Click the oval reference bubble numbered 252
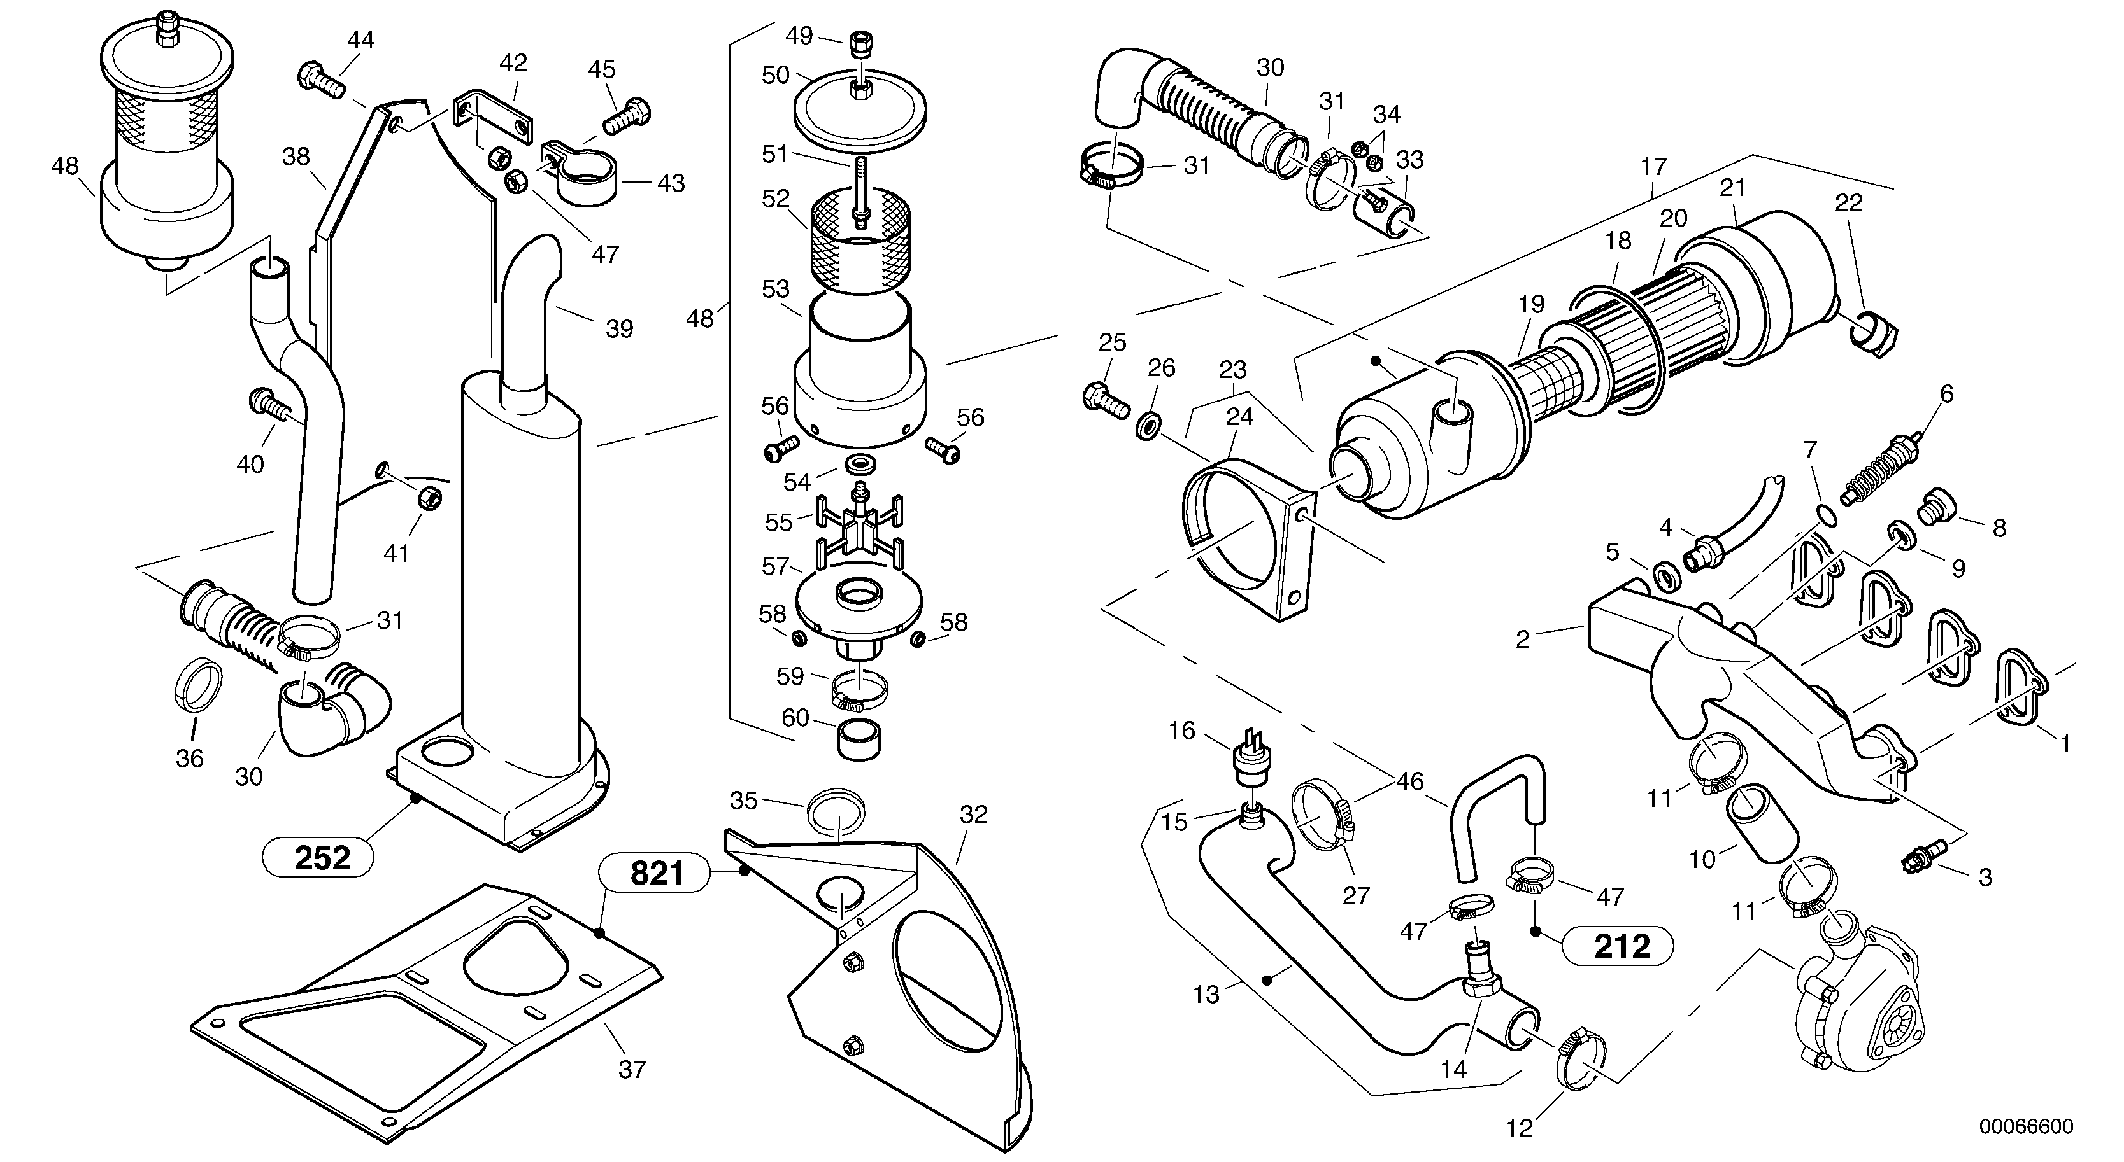[x=317, y=858]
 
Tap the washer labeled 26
[x=1147, y=428]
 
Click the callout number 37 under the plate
[x=632, y=1070]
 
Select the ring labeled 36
[x=199, y=685]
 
